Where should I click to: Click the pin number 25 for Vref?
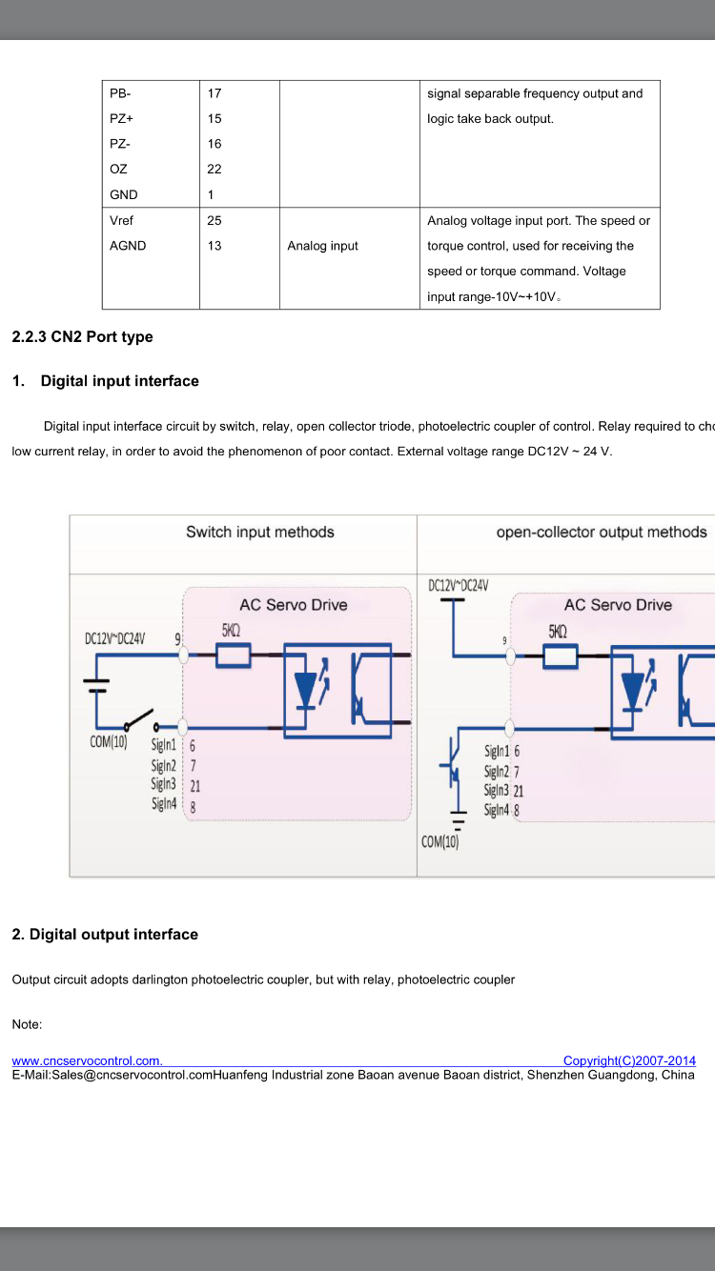(214, 221)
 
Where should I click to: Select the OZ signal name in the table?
(118, 169)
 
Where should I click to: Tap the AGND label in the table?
(128, 246)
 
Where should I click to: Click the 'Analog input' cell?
(322, 246)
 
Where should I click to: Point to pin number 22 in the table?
(214, 169)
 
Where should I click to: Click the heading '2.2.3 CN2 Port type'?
(82, 336)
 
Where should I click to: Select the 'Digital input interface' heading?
(120, 381)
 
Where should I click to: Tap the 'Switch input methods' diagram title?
(260, 533)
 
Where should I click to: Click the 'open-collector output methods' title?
(602, 533)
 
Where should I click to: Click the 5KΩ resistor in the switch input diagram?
(233, 656)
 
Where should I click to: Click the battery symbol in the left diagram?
(96, 685)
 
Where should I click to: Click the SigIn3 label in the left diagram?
(164, 784)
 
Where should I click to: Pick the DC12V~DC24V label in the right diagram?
(459, 585)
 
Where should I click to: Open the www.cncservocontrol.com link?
(88, 1060)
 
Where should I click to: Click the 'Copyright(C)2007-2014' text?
(629, 1060)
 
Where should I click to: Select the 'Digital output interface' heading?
(105, 934)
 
